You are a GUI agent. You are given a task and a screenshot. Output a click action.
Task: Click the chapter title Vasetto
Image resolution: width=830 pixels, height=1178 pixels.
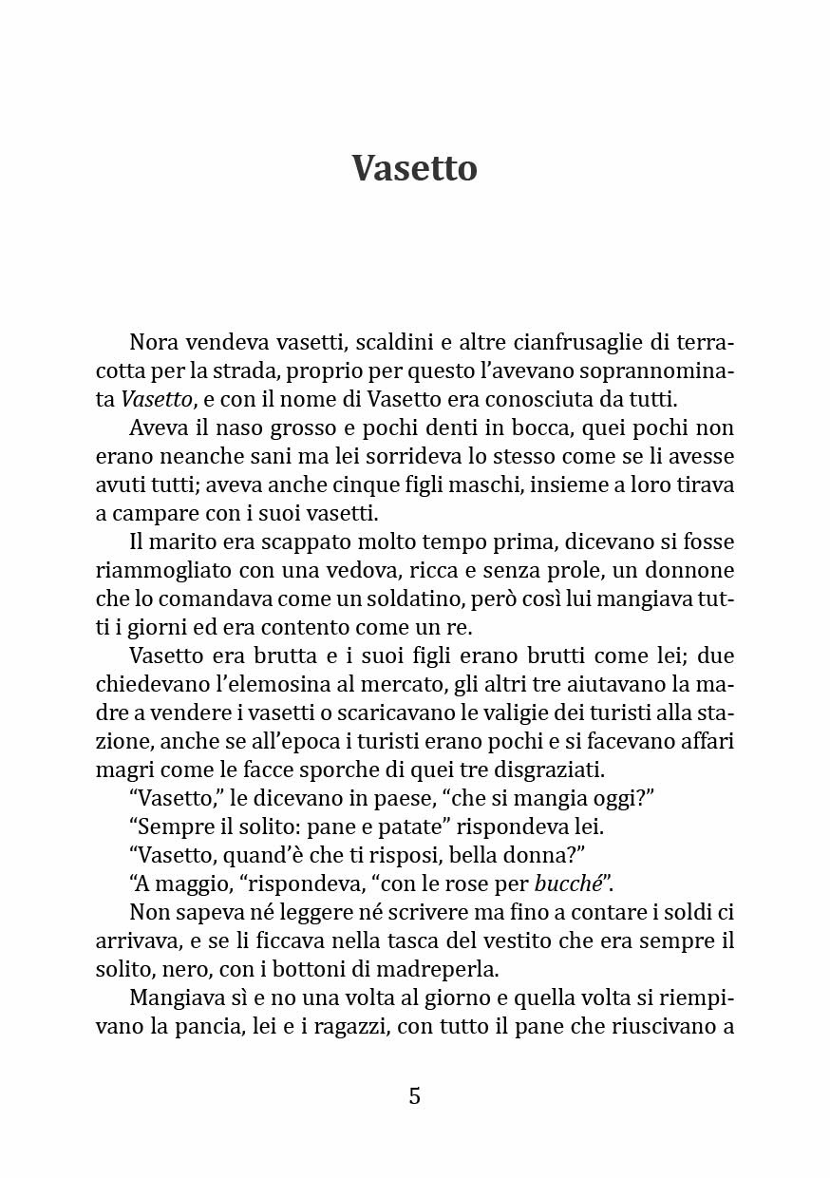414,168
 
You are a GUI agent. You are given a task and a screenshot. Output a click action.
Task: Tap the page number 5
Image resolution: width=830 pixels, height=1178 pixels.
414,1095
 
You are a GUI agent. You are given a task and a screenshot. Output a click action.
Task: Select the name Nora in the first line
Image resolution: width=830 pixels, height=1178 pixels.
151,342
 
